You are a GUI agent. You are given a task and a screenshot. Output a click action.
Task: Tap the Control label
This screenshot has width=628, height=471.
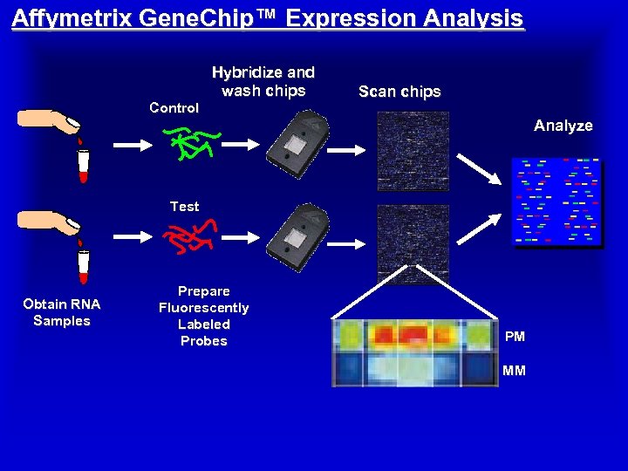click(174, 108)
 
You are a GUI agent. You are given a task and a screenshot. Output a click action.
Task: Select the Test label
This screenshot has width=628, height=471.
click(184, 207)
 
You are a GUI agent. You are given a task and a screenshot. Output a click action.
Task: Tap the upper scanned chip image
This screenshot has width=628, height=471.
click(413, 151)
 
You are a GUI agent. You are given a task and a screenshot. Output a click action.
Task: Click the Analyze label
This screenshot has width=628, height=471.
click(563, 126)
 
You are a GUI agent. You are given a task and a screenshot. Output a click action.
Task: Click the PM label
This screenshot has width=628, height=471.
click(515, 336)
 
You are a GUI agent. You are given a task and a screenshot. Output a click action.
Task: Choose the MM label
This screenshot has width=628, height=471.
click(514, 371)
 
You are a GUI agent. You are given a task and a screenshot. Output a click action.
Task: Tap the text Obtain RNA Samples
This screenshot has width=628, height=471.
click(62, 312)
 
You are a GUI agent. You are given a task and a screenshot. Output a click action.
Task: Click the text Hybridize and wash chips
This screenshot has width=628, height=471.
click(263, 81)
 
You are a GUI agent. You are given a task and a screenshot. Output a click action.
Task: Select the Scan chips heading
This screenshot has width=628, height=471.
click(399, 92)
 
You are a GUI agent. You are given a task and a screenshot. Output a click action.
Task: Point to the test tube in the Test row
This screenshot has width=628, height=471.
click(84, 266)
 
